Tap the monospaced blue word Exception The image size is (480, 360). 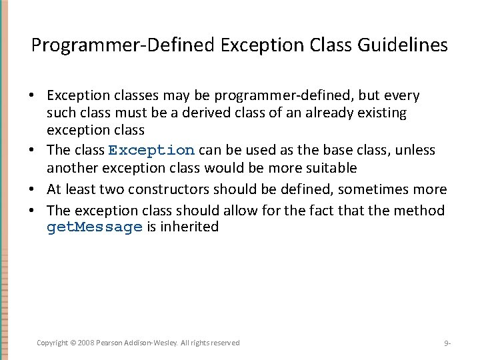click(151, 151)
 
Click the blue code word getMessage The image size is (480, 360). click(95, 227)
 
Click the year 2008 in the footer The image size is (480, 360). click(85, 343)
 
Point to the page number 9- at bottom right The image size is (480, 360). click(447, 343)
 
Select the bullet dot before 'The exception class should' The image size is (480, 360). click(32, 211)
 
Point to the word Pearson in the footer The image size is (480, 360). click(109, 343)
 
